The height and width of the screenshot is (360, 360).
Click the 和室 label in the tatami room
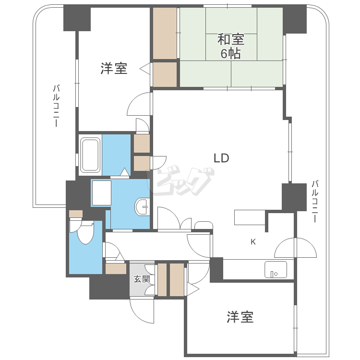pyautogui.click(x=231, y=39)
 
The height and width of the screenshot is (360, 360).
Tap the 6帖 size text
pyautogui.click(x=231, y=54)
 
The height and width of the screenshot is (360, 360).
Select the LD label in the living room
pyautogui.click(x=222, y=158)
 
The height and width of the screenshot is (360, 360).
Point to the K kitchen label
pyautogui.click(x=253, y=242)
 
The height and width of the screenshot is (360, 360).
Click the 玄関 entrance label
pyautogui.click(x=142, y=279)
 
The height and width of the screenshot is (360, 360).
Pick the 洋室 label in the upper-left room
pyautogui.click(x=114, y=68)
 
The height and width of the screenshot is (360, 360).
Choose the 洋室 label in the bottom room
pyautogui.click(x=240, y=317)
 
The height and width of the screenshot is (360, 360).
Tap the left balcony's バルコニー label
pyautogui.click(x=56, y=106)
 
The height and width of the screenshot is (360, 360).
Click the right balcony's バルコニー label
pyautogui.click(x=315, y=202)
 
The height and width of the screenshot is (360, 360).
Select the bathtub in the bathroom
pyautogui.click(x=90, y=155)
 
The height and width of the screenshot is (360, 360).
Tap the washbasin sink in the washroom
pyautogui.click(x=142, y=207)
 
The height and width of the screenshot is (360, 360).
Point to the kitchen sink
pyautogui.click(x=276, y=269)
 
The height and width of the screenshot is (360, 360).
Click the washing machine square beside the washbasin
pyautogui.click(x=102, y=192)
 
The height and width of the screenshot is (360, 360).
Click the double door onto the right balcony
pyautogui.click(x=296, y=248)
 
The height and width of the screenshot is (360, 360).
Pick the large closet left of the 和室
pyautogui.click(x=165, y=33)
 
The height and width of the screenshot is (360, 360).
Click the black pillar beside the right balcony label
pyautogui.click(x=294, y=197)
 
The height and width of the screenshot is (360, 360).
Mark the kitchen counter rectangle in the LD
pyautogui.click(x=250, y=217)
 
